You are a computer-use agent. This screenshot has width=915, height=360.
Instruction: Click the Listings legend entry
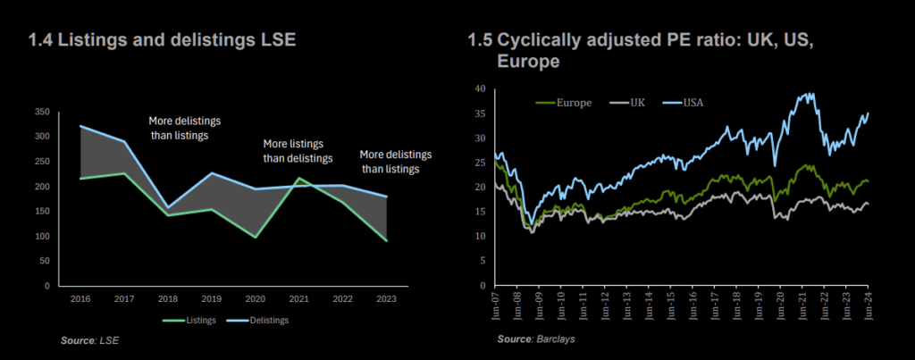pyautogui.click(x=189, y=320)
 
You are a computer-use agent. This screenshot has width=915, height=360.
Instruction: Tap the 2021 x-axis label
pyautogui.click(x=299, y=298)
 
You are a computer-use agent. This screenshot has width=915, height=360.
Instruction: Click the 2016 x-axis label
pyautogui.click(x=80, y=298)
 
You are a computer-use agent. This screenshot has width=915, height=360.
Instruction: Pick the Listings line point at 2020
pyautogui.click(x=256, y=238)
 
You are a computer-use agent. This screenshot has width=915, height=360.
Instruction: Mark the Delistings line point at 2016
pyautogui.click(x=80, y=126)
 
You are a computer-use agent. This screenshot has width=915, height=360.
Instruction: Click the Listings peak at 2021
pyautogui.click(x=299, y=178)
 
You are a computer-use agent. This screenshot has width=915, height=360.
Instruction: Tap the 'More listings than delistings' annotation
pyautogui.click(x=298, y=151)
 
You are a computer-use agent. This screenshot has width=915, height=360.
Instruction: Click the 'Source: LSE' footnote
pyautogui.click(x=90, y=339)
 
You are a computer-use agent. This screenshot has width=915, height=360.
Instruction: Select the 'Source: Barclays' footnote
pyautogui.click(x=536, y=339)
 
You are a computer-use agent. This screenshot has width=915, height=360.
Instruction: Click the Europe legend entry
pyautogui.click(x=564, y=103)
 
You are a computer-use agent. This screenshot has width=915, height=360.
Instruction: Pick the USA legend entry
pyautogui.click(x=684, y=103)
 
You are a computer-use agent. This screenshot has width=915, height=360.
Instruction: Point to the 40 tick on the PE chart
pyautogui.click(x=480, y=88)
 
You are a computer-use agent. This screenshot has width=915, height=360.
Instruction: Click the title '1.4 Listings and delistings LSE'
pyautogui.click(x=163, y=41)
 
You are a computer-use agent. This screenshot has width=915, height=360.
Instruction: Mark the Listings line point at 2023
pyautogui.click(x=386, y=240)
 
